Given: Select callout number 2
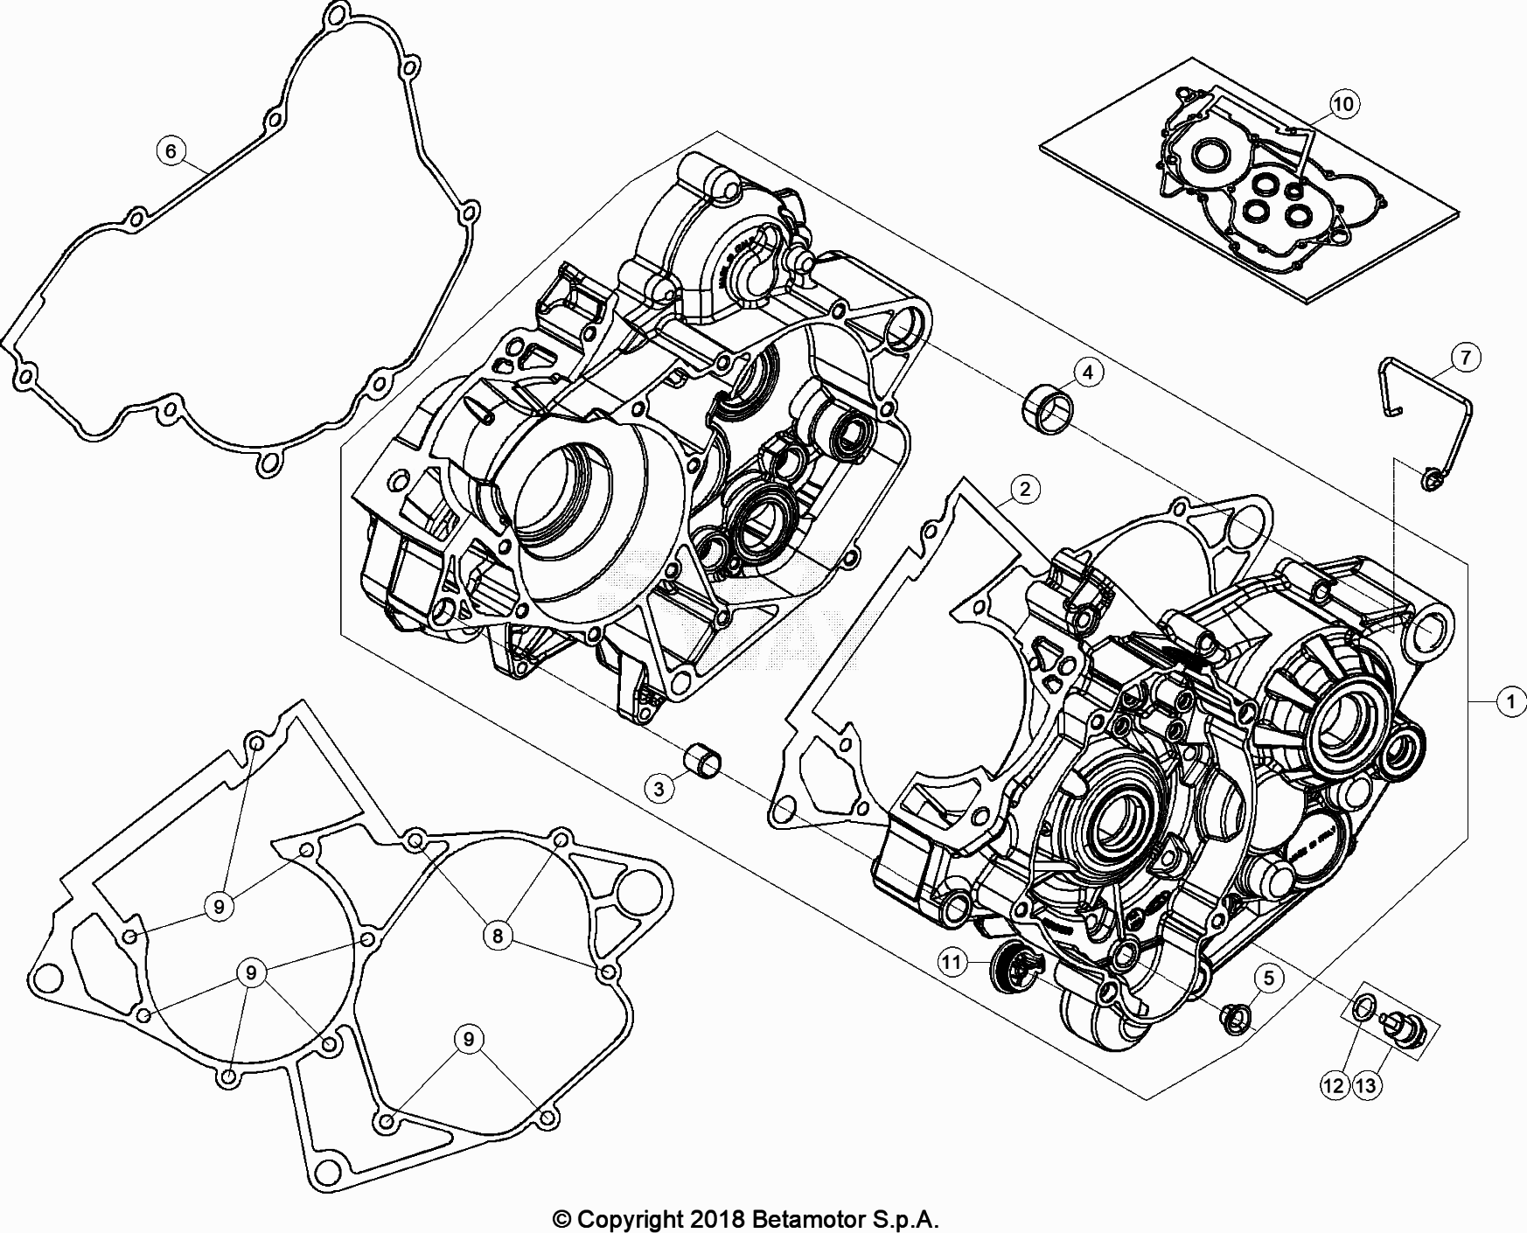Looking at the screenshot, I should tap(1025, 489).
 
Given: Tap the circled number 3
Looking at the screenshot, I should tap(659, 788).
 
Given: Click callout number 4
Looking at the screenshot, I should tap(1087, 373).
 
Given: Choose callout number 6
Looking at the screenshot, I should tap(171, 151).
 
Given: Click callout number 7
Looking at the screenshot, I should tap(1465, 357).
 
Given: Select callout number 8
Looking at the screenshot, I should tap(497, 937).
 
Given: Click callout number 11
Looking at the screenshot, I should tap(952, 963).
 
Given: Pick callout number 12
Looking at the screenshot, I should tap(1334, 1086).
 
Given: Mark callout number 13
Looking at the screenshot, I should tap(1366, 1086).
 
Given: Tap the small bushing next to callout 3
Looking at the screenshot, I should tap(706, 758).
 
